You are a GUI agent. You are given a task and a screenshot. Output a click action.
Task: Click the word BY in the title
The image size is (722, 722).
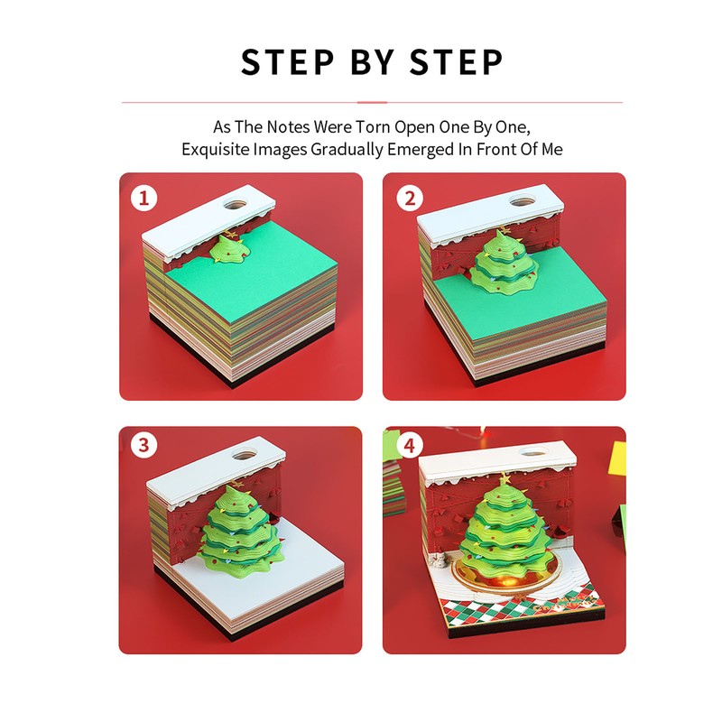tap(373, 63)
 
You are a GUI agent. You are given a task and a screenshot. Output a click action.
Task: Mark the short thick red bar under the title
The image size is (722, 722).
tap(372, 102)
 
